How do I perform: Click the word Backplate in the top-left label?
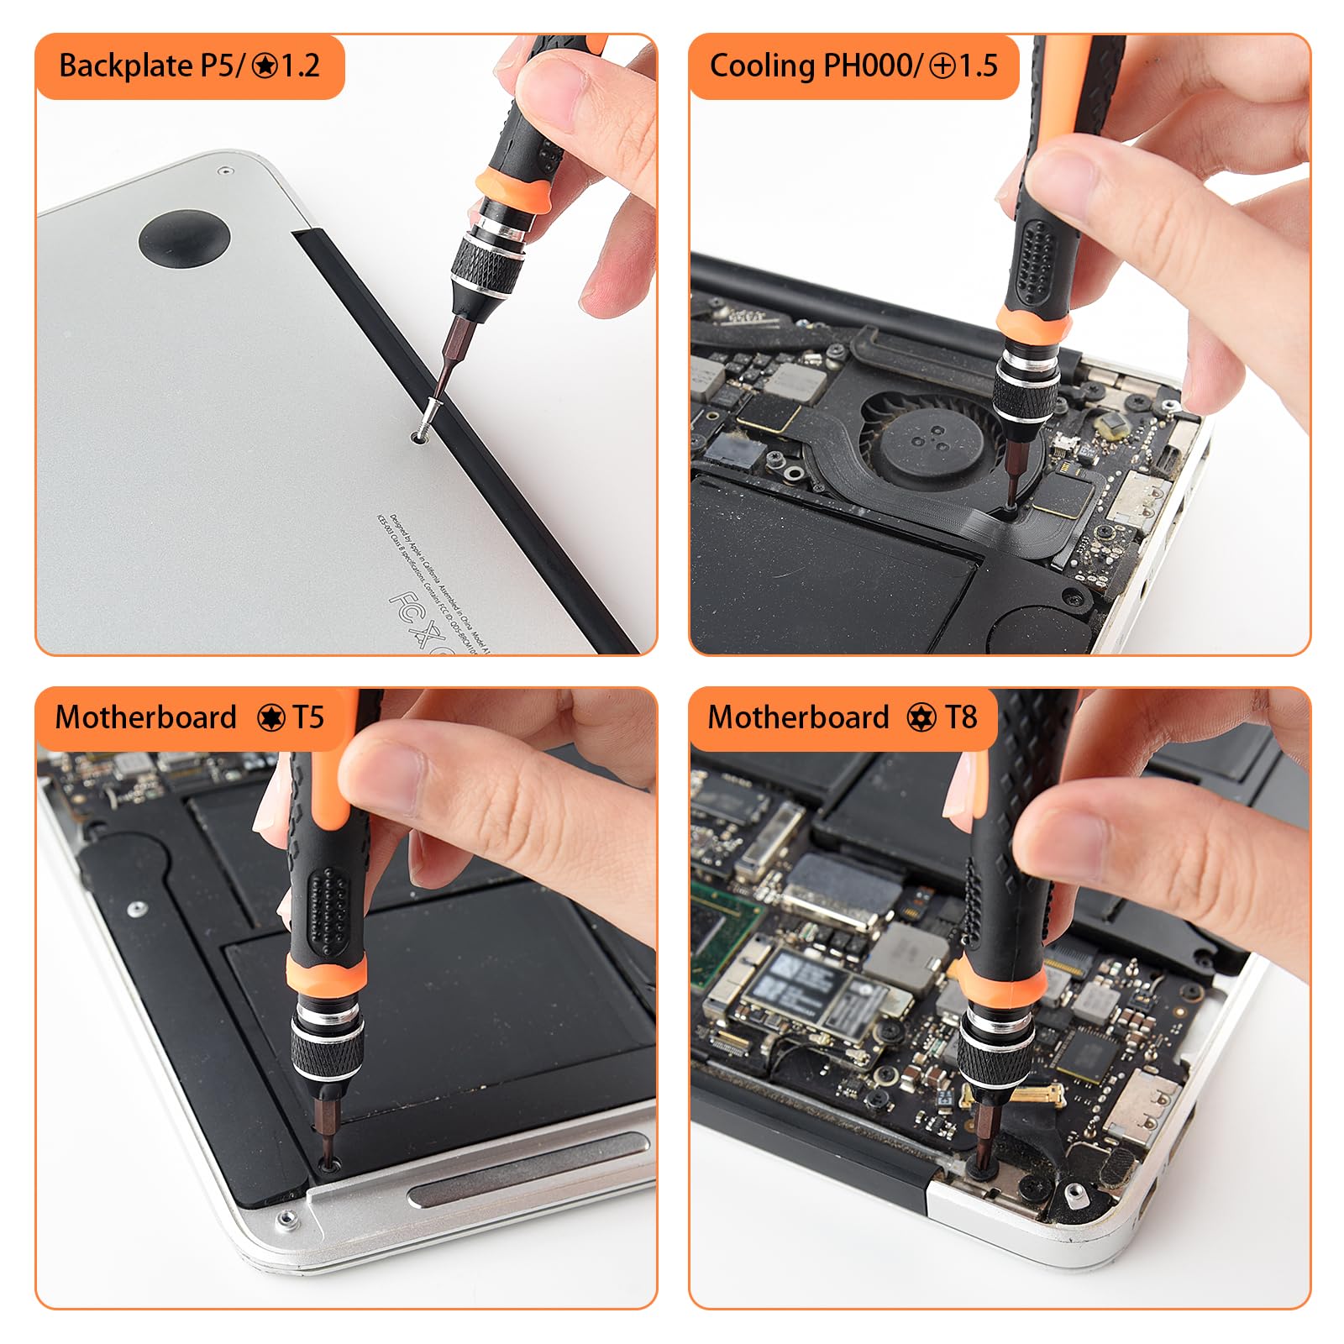(x=126, y=66)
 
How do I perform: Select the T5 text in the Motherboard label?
(x=307, y=717)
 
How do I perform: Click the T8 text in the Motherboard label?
(x=960, y=717)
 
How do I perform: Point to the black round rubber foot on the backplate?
(x=184, y=239)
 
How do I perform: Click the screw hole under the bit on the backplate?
(x=418, y=437)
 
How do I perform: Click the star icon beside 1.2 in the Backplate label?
(x=265, y=66)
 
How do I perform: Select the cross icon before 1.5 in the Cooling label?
(x=942, y=66)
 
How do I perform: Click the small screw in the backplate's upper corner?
(x=224, y=171)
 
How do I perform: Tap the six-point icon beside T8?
(x=921, y=718)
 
